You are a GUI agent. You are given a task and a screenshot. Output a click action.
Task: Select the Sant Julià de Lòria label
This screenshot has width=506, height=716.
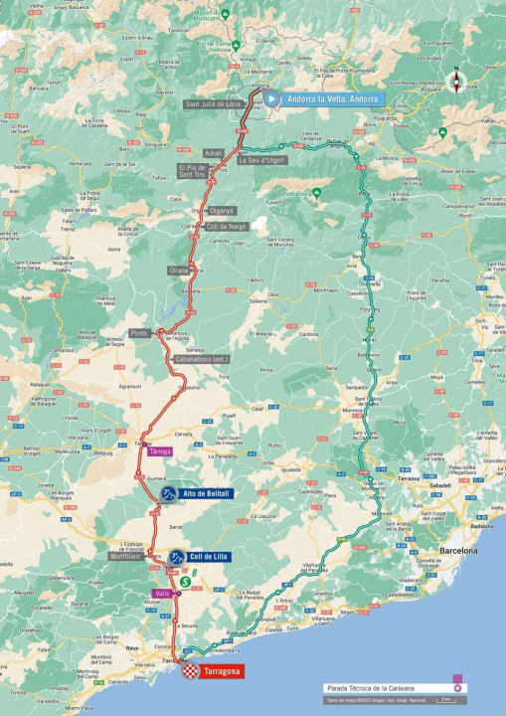212,103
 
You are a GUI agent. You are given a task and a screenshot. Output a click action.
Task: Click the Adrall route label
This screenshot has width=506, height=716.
213,153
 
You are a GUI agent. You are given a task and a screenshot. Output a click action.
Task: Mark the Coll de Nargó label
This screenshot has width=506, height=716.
228,226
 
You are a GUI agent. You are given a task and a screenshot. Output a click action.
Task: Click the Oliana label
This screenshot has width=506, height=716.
179,269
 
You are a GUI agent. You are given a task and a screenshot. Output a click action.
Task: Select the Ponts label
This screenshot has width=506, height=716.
139,333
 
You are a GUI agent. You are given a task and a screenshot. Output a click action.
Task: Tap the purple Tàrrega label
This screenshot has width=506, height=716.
160,450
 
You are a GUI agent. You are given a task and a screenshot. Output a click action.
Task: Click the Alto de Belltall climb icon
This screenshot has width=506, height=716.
170,493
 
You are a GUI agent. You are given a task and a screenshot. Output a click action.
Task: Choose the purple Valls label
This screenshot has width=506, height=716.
159,594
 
